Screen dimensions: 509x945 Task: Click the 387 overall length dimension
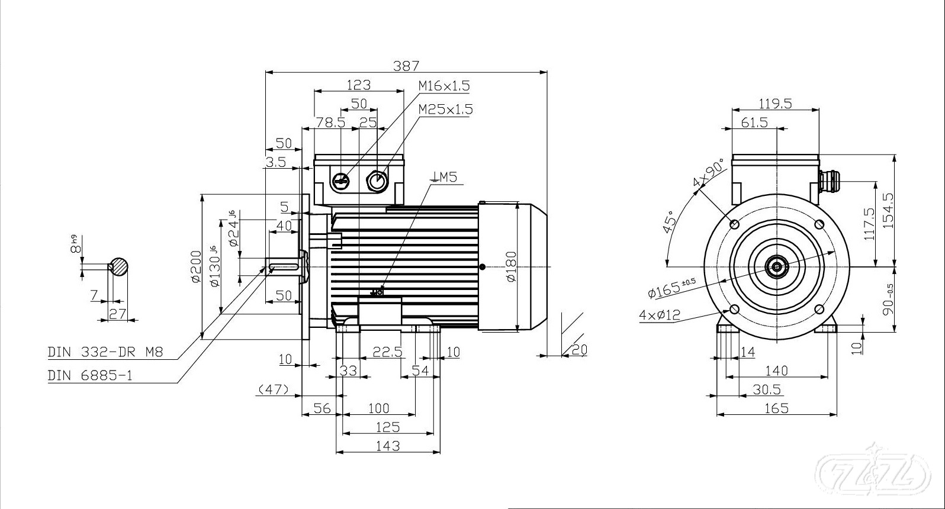tap(406, 66)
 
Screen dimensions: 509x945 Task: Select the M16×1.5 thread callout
tap(444, 86)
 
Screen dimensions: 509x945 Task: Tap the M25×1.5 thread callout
tap(445, 109)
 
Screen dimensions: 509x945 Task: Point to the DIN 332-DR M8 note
tap(105, 353)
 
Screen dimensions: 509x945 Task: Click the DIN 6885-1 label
tap(90, 375)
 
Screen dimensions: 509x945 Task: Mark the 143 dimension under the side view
tap(388, 446)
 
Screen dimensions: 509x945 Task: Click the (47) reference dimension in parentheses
tap(273, 389)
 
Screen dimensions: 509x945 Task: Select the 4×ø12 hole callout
tap(660, 315)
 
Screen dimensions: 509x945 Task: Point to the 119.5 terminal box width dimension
tap(775, 104)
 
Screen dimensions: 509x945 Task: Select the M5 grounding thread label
tap(445, 176)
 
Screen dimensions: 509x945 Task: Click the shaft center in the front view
tap(776, 267)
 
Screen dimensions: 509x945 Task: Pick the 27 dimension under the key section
tap(118, 313)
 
